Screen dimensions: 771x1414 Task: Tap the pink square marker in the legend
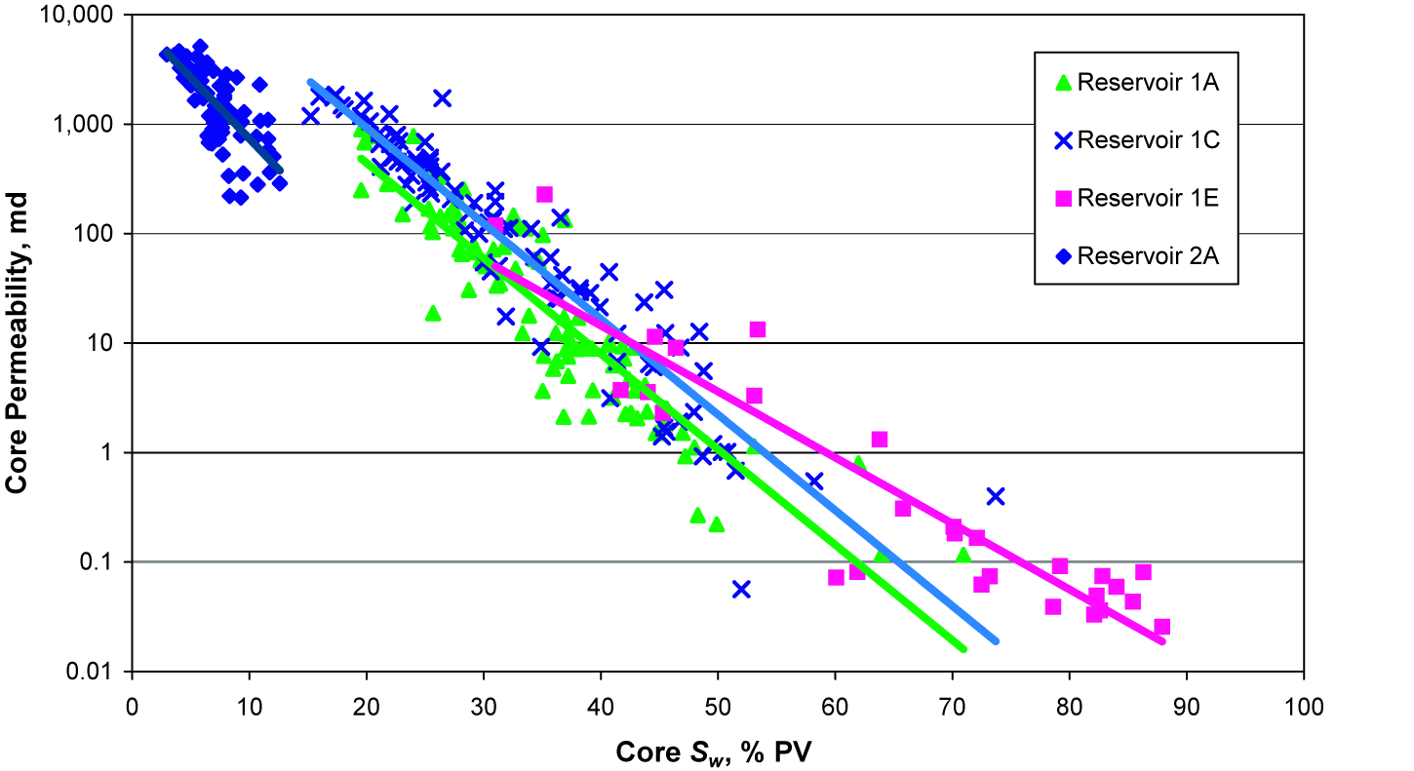pyautogui.click(x=1064, y=199)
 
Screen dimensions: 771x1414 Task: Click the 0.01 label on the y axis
pyautogui.click(x=96, y=672)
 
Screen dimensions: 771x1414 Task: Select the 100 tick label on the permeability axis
pyautogui.click(x=100, y=234)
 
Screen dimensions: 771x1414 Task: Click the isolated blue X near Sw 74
pyautogui.click(x=995, y=496)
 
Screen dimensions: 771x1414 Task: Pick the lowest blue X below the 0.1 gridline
pyautogui.click(x=741, y=589)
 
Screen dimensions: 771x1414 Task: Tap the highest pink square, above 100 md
pyautogui.click(x=544, y=194)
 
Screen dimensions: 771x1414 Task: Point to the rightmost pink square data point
pyautogui.click(x=1161, y=627)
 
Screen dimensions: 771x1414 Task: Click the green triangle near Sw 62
pyautogui.click(x=858, y=464)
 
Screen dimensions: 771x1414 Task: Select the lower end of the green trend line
pyautogui.click(x=962, y=647)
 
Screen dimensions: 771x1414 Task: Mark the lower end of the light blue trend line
pyautogui.click(x=995, y=640)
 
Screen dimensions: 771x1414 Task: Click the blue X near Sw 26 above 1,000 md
pyautogui.click(x=443, y=97)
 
